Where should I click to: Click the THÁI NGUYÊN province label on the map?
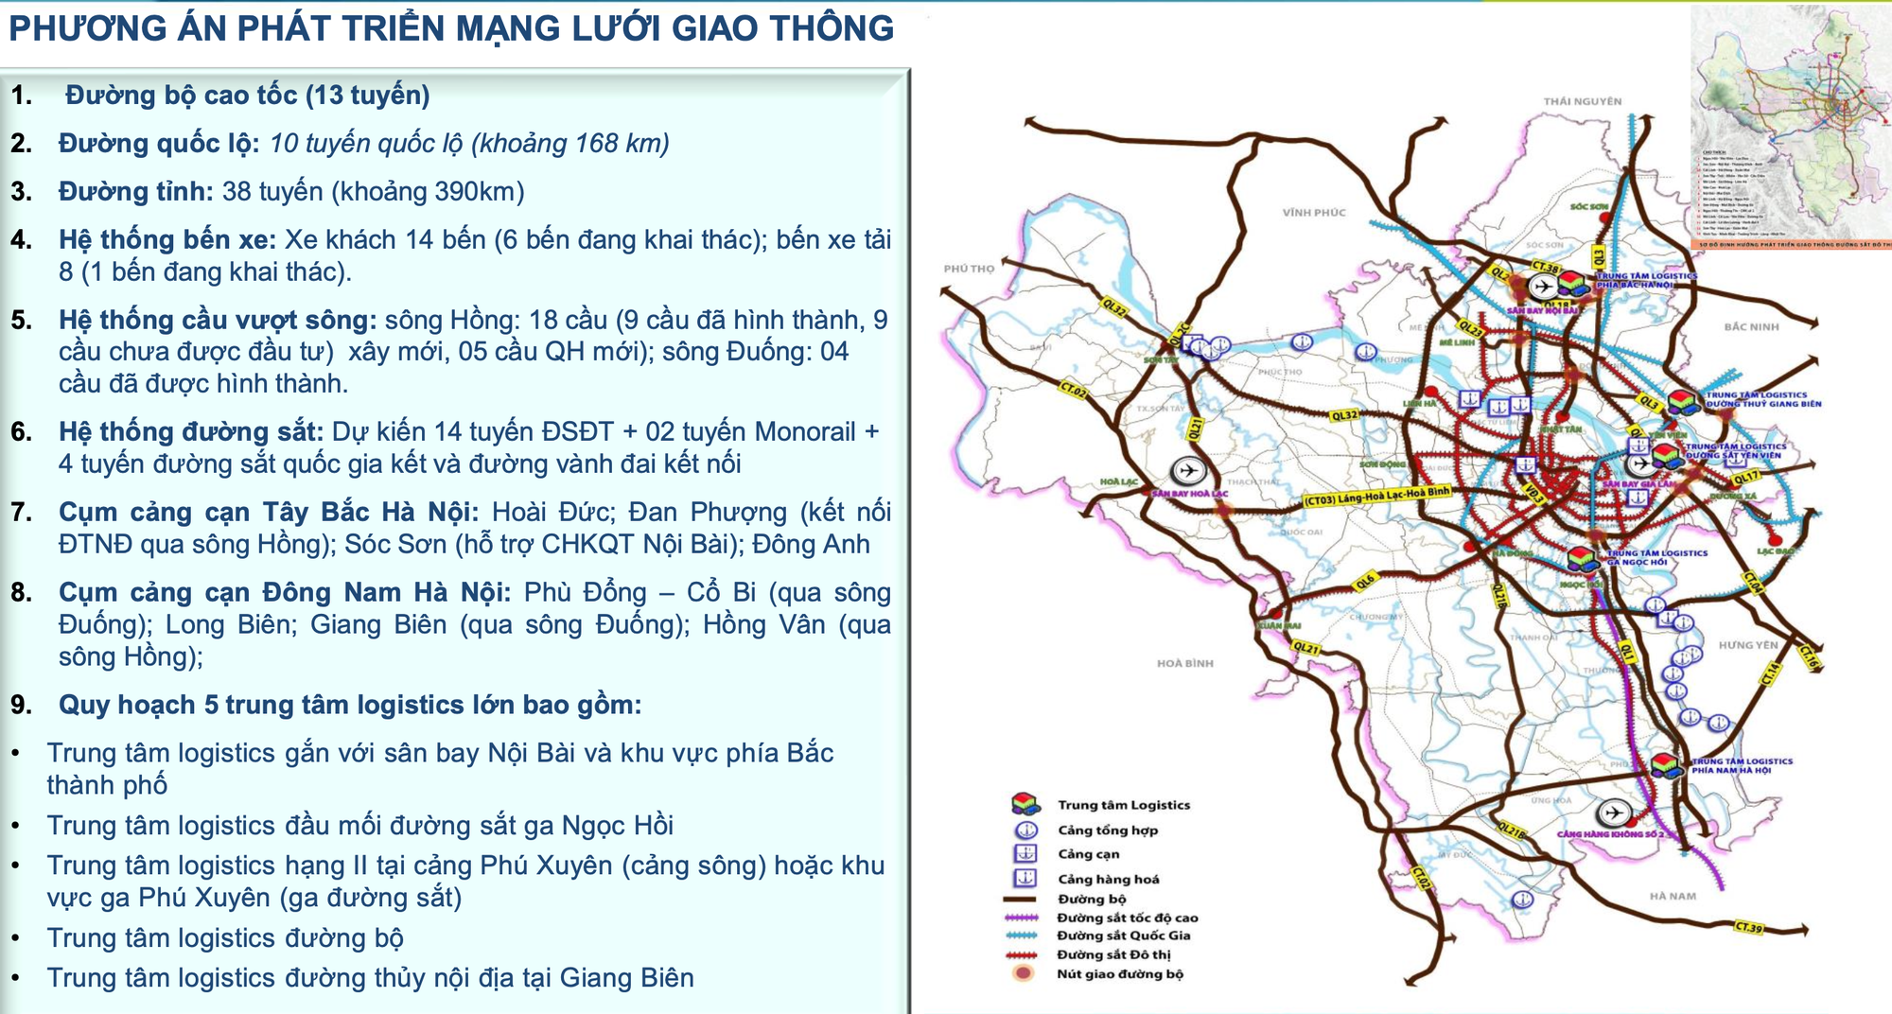(1582, 101)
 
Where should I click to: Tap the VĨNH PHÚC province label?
(1314, 213)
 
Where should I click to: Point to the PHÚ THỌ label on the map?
(969, 269)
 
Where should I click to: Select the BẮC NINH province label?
(1751, 327)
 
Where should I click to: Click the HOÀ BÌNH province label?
(1184, 664)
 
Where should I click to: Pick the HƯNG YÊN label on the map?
(1748, 645)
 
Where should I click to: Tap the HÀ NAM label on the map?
(1673, 896)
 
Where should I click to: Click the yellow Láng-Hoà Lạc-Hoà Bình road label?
(1375, 497)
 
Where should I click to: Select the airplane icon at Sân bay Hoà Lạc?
(1187, 470)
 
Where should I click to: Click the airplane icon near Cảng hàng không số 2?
(1614, 813)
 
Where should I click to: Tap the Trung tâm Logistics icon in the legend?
(1025, 804)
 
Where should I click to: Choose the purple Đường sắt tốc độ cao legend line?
(1023, 918)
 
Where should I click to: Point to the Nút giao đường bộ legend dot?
(1023, 973)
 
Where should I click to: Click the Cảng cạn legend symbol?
(1025, 853)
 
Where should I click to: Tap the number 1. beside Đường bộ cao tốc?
(21, 96)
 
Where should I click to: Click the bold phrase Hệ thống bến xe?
(166, 239)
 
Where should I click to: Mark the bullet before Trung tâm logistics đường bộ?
(16, 938)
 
